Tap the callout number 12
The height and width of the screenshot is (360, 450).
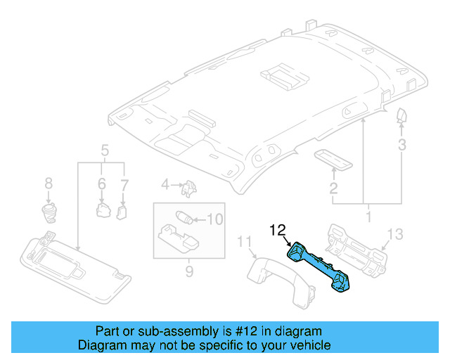(278, 229)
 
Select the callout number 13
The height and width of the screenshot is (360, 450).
(395, 233)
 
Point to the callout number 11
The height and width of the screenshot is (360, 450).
(244, 243)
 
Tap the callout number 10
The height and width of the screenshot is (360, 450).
(214, 219)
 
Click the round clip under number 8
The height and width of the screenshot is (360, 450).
(48, 209)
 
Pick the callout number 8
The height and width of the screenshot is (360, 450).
(48, 184)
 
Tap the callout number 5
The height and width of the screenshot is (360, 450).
(104, 150)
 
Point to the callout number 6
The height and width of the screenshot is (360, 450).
(102, 184)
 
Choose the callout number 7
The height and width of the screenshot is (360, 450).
(124, 184)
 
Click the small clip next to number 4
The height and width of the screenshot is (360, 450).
(188, 188)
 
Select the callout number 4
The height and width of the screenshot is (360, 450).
(165, 185)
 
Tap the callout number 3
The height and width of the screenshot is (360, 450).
(401, 146)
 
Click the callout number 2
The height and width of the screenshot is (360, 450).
(333, 188)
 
